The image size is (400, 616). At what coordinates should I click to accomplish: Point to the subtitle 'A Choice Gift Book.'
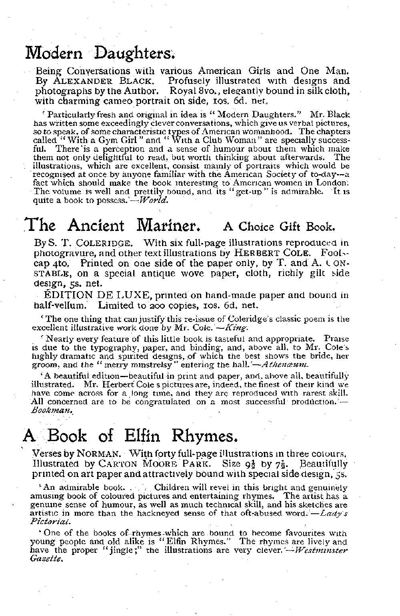pos(278,227)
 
